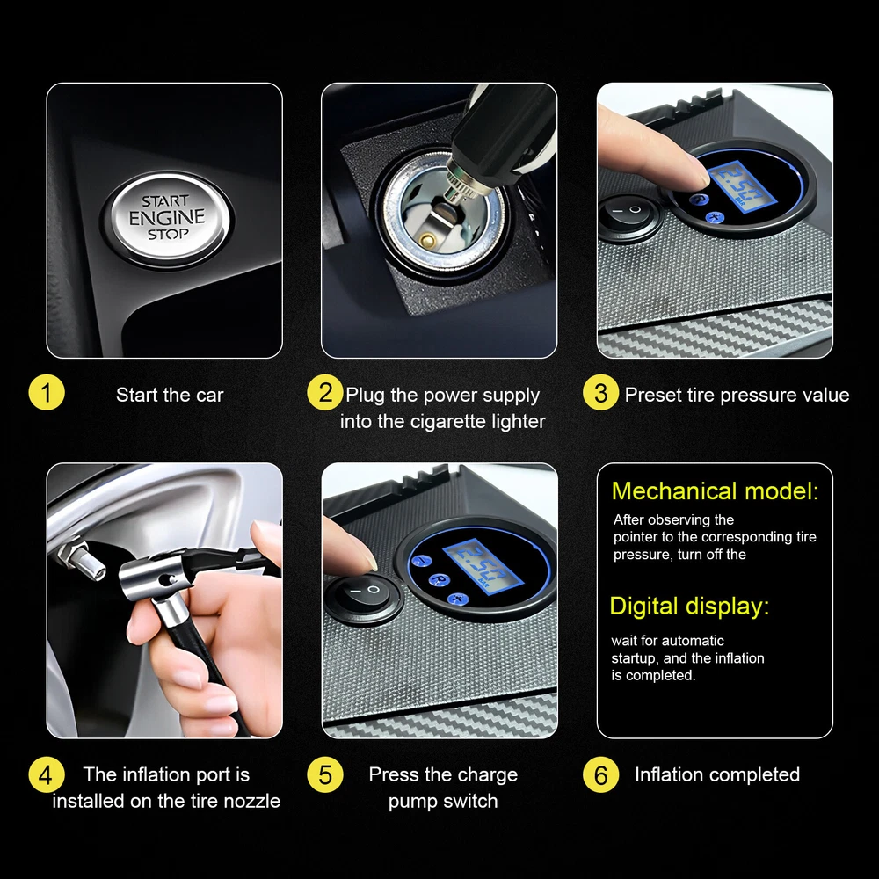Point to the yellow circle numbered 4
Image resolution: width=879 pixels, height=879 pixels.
pos(47,774)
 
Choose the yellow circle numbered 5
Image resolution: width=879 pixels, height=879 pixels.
pos(325,774)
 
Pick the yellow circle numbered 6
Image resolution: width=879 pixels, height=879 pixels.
pos(601,774)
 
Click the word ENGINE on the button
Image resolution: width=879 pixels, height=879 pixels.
pos(167,217)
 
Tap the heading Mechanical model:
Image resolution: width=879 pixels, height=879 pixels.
pos(715,491)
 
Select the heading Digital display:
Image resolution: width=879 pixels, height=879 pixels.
pos(689,607)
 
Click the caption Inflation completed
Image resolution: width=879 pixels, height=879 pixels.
pos(717,774)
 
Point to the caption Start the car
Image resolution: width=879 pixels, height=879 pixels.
pos(170,396)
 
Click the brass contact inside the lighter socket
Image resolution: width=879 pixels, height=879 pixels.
pos(429,240)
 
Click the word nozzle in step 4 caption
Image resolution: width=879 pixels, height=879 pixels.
pos(251,801)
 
